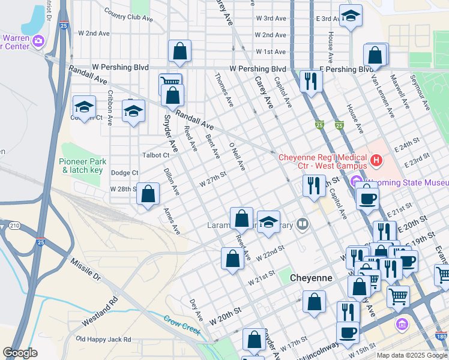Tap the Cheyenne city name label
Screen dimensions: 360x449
[x=310, y=278]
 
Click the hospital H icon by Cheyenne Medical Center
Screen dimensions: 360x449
[x=376, y=160]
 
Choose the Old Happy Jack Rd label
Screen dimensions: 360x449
[x=103, y=340]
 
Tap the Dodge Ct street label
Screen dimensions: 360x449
[x=125, y=173]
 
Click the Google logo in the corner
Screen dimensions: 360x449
[x=20, y=353]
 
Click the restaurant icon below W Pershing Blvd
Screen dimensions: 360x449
[x=310, y=81]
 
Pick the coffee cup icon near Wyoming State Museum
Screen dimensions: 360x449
[x=367, y=197]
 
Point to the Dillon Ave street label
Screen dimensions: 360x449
[x=172, y=181]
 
